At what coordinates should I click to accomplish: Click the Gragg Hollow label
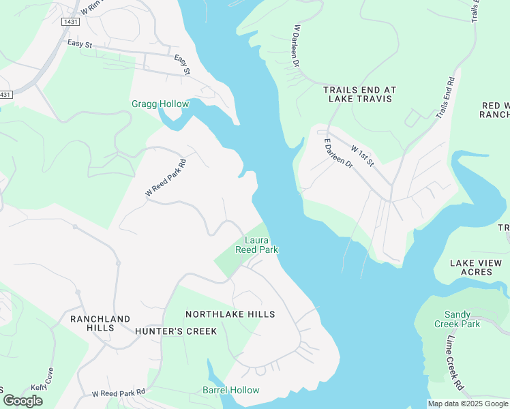click(x=160, y=104)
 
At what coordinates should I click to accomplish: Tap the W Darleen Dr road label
click(x=297, y=46)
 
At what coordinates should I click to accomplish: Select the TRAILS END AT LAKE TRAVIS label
click(x=359, y=94)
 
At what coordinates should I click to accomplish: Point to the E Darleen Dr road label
click(x=338, y=154)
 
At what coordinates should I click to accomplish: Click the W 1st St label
click(x=362, y=155)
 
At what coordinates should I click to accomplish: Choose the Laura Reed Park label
click(x=256, y=245)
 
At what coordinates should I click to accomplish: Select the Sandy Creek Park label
click(x=462, y=319)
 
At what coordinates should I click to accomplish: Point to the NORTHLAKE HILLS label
click(x=230, y=314)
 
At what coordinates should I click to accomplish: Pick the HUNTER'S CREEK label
click(x=175, y=331)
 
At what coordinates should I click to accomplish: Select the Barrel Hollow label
click(x=231, y=390)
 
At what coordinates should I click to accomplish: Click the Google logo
click(x=22, y=401)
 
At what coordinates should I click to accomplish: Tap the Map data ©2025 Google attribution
click(x=468, y=404)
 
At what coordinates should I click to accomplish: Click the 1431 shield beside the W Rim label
click(x=70, y=22)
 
